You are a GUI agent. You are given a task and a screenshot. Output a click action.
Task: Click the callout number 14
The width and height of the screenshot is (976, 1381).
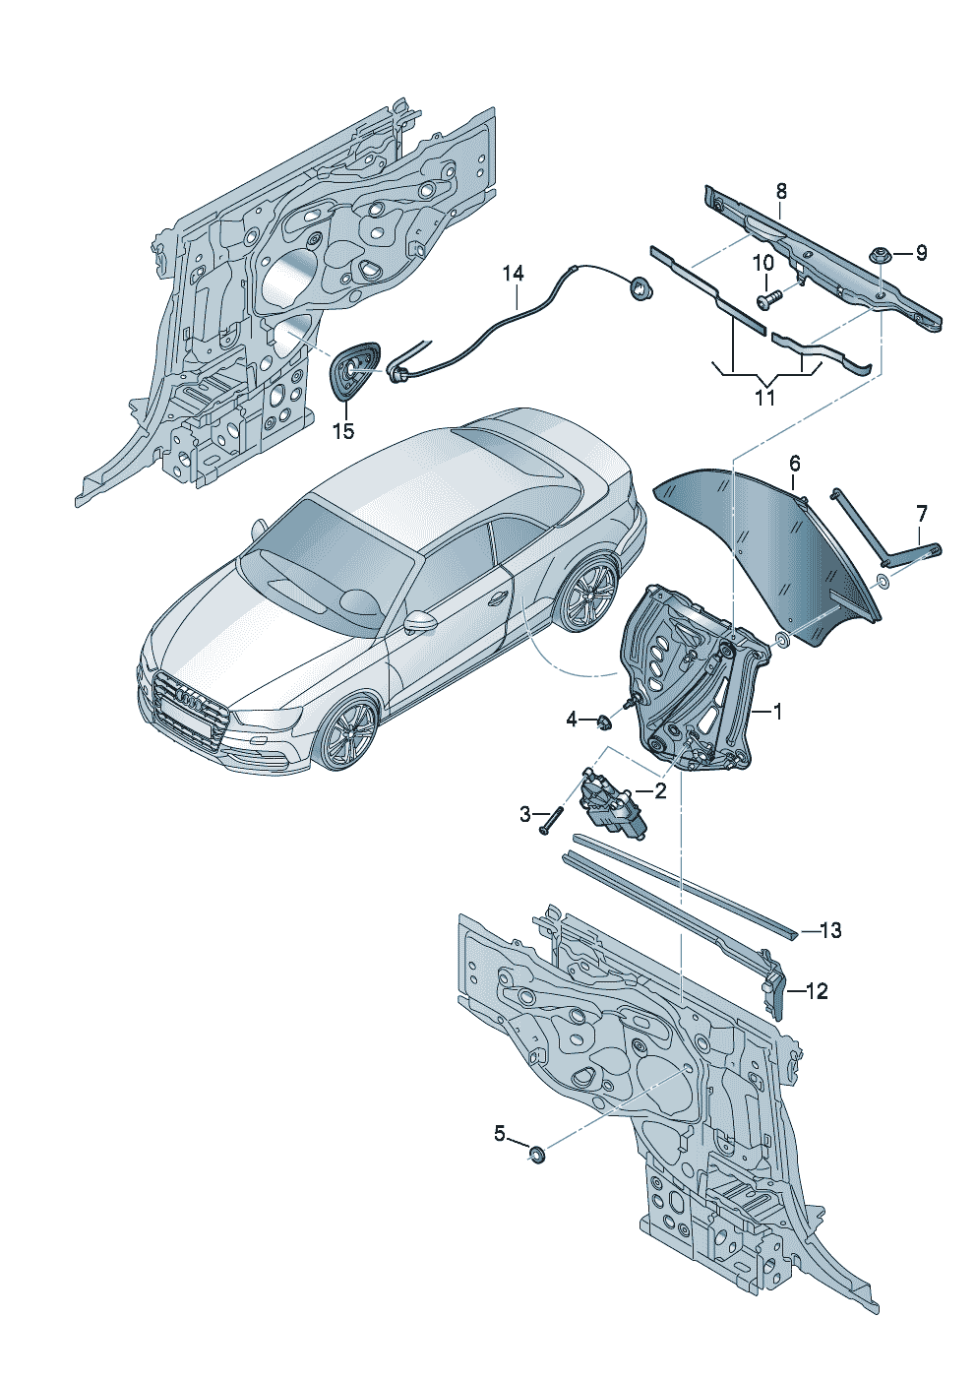point(513,274)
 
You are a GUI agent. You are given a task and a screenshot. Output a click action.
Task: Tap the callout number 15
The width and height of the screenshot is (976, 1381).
point(344,431)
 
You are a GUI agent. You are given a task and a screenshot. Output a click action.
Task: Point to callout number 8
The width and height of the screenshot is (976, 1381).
point(780,191)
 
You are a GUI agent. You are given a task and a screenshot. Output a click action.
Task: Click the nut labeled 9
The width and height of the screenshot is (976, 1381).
point(879,257)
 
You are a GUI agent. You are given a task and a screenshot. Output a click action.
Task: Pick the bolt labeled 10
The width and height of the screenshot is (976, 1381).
point(769,301)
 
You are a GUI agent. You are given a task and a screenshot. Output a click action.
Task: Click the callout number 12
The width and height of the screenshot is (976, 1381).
point(817,991)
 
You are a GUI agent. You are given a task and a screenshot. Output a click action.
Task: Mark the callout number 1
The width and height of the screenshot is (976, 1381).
point(777,713)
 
